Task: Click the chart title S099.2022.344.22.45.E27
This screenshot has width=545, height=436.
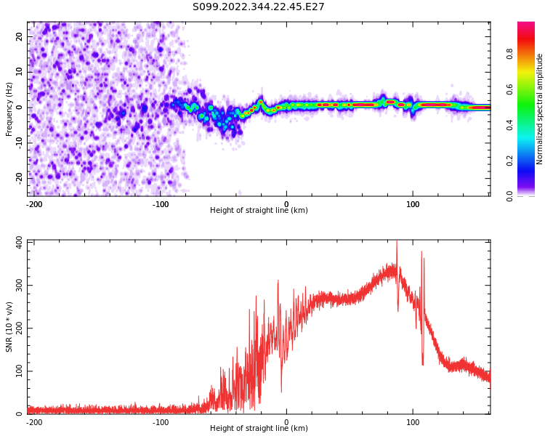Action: tap(258, 7)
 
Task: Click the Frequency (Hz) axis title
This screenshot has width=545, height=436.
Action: tap(9, 109)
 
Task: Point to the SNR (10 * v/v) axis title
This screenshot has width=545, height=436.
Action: tap(9, 327)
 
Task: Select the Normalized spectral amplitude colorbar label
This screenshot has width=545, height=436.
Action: tap(539, 109)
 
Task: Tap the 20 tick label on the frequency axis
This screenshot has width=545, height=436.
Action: tap(19, 36)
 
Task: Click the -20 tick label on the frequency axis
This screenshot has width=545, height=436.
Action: tap(19, 178)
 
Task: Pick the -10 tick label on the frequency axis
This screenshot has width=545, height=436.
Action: tap(19, 143)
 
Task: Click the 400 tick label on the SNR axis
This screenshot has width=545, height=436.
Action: tap(19, 242)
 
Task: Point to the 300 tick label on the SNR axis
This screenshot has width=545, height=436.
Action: tap(19, 285)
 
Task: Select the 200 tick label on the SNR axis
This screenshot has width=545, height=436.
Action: tap(19, 328)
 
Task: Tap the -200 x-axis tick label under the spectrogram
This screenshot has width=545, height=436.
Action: tap(34, 204)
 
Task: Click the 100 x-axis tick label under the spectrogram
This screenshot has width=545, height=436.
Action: tap(413, 204)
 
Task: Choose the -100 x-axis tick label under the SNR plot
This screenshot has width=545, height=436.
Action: tap(161, 422)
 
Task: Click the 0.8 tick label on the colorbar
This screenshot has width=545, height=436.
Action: tap(509, 54)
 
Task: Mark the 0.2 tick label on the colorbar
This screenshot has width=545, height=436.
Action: tap(509, 161)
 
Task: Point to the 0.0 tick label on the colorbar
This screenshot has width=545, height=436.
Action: tap(509, 196)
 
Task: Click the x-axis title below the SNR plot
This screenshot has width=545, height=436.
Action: tap(259, 428)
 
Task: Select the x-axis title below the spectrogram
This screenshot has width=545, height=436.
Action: tap(259, 210)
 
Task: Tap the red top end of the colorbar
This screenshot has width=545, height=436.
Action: tap(526, 24)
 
